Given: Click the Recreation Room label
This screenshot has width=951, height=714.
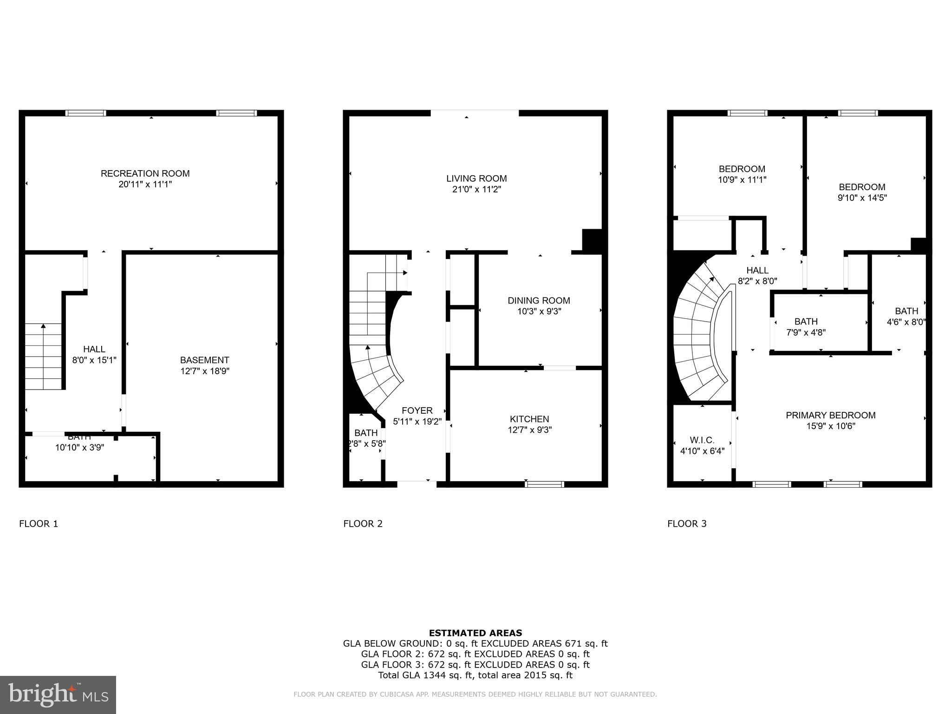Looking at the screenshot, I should click(x=145, y=173).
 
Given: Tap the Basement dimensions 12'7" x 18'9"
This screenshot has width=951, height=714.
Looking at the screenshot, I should click(x=205, y=371).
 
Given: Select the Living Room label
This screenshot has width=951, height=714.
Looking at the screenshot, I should click(x=476, y=178).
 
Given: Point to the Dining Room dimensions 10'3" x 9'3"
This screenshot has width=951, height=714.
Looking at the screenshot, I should click(x=539, y=311).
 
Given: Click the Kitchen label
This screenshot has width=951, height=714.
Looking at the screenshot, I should click(x=529, y=419).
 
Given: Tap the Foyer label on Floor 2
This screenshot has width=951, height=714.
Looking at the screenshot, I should click(x=417, y=410).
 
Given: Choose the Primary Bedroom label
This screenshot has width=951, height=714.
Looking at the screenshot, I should click(x=830, y=415).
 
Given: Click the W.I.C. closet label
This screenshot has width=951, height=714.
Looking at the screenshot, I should click(x=702, y=440).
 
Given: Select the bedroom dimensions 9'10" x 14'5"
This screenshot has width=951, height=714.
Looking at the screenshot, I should click(x=862, y=198).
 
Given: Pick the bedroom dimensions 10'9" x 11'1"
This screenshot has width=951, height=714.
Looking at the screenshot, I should click(x=742, y=179).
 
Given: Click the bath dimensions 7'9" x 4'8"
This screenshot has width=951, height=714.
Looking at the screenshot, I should click(x=806, y=332).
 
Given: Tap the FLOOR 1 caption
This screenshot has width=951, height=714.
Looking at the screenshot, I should click(x=39, y=524).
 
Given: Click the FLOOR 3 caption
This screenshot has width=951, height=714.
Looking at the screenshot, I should click(x=687, y=524).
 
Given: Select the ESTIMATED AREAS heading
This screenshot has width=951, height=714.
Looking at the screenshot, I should click(x=475, y=633).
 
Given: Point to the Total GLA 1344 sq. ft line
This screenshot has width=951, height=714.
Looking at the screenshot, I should click(x=475, y=675).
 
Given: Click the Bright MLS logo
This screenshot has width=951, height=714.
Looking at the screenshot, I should click(x=58, y=695).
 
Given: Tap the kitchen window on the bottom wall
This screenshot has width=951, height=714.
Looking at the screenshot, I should click(x=544, y=484).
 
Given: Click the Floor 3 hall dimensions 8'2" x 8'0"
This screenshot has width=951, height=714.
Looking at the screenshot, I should click(x=757, y=281).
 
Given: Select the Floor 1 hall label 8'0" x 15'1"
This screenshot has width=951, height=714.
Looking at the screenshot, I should click(x=94, y=354).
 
